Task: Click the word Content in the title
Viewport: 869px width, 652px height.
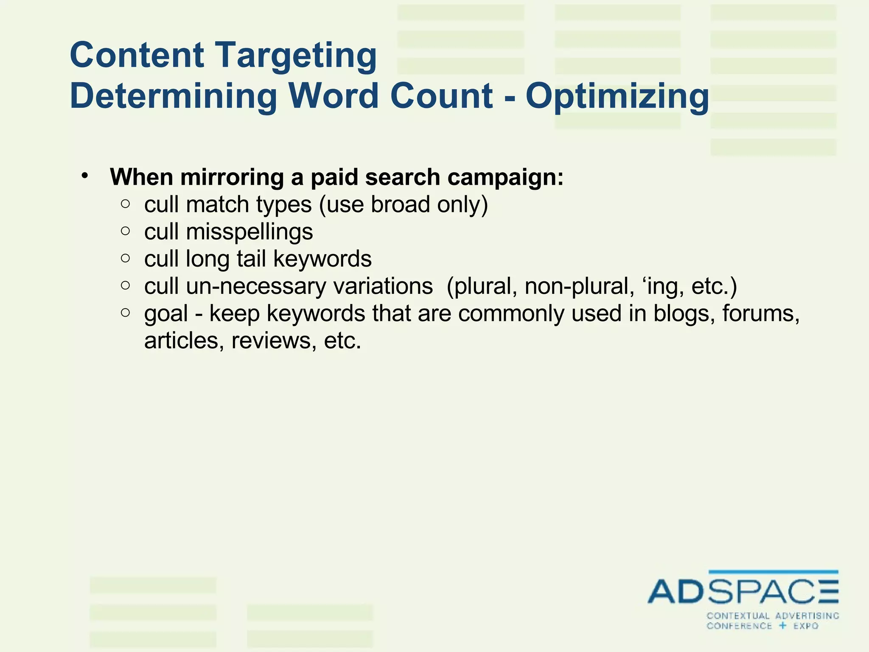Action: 137,55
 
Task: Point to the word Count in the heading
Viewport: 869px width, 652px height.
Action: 441,96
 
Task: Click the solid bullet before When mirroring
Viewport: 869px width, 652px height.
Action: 85,175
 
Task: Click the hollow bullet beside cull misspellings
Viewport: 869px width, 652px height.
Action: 125,231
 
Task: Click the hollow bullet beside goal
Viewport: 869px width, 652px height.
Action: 125,313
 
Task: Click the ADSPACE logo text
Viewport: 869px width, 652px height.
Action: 743,591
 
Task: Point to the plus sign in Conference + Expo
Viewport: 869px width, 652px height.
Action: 783,626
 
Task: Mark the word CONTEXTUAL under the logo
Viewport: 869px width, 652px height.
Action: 738,616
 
